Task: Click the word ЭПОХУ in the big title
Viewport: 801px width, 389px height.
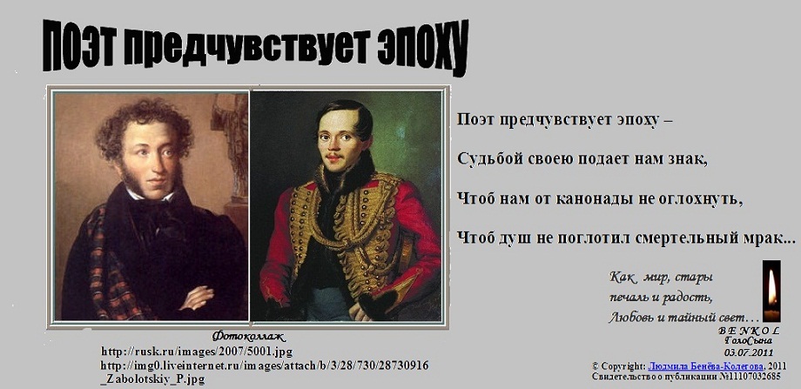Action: pyautogui.click(x=422, y=49)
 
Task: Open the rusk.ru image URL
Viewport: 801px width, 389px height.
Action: pyautogui.click(x=197, y=352)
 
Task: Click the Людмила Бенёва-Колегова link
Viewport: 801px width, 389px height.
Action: pyautogui.click(x=706, y=366)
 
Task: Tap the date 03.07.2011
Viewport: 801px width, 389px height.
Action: pyautogui.click(x=749, y=352)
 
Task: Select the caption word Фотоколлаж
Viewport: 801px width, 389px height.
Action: pyautogui.click(x=249, y=337)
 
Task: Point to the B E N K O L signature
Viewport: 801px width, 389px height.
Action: pyautogui.click(x=749, y=331)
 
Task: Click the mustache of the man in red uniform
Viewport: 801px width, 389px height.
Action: pyautogui.click(x=333, y=156)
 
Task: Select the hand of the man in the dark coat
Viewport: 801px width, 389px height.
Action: pyautogui.click(x=196, y=297)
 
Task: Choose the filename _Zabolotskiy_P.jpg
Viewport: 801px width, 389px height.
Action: pyautogui.click(x=153, y=379)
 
